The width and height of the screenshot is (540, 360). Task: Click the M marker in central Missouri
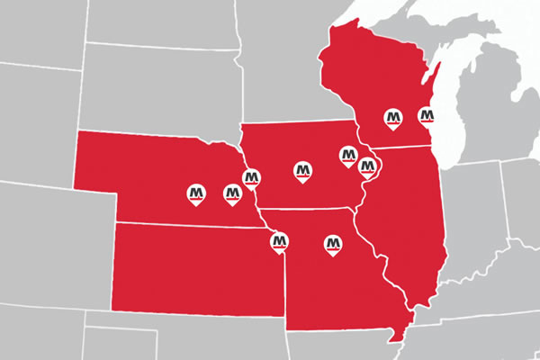(333, 243)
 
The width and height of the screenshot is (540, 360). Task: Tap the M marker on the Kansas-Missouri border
(279, 240)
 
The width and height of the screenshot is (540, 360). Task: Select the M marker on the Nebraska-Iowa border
(252, 173)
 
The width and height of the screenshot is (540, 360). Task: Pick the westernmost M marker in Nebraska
(196, 193)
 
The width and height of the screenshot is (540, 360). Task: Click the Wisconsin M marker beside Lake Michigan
(427, 116)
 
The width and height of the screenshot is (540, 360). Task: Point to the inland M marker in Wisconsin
(392, 117)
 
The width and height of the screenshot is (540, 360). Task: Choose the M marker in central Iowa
(303, 168)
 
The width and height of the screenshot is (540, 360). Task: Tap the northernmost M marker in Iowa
(347, 156)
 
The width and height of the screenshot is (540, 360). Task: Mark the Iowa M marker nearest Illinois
(367, 166)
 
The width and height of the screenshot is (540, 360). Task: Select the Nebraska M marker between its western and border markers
(231, 193)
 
